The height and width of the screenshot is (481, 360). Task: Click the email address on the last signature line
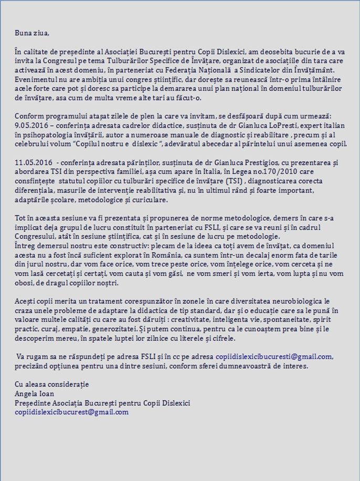point(71,412)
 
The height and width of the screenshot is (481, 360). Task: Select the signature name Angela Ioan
point(35,394)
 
